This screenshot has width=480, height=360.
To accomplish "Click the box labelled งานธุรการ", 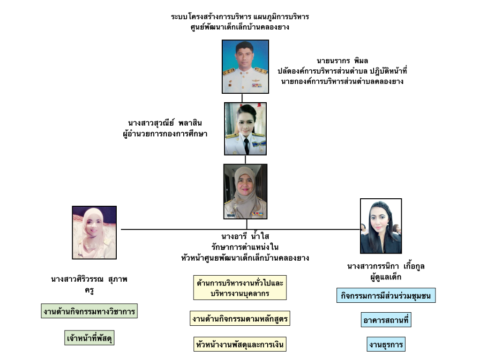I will click(386, 345).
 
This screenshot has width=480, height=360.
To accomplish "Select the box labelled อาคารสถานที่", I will click(387, 321).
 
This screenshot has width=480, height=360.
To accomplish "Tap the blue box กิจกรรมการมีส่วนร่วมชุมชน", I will click(386, 296).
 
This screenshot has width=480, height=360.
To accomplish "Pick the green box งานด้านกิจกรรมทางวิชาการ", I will click(89, 311).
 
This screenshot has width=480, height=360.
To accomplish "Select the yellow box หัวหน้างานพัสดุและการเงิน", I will click(240, 345).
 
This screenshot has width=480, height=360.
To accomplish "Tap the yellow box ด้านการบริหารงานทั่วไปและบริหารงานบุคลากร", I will click(240, 288).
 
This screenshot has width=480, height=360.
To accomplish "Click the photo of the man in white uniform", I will click(245, 66).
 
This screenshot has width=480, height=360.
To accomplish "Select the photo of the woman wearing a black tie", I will click(245, 129).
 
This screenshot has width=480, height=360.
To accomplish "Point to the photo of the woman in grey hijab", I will click(245, 191).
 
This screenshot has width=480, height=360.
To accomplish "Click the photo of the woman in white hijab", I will click(94, 233).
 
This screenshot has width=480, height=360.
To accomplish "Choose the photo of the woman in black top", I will click(381, 226).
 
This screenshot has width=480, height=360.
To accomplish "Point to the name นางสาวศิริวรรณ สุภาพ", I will click(89, 280).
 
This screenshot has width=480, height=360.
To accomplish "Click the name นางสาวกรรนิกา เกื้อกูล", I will click(386, 267).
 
